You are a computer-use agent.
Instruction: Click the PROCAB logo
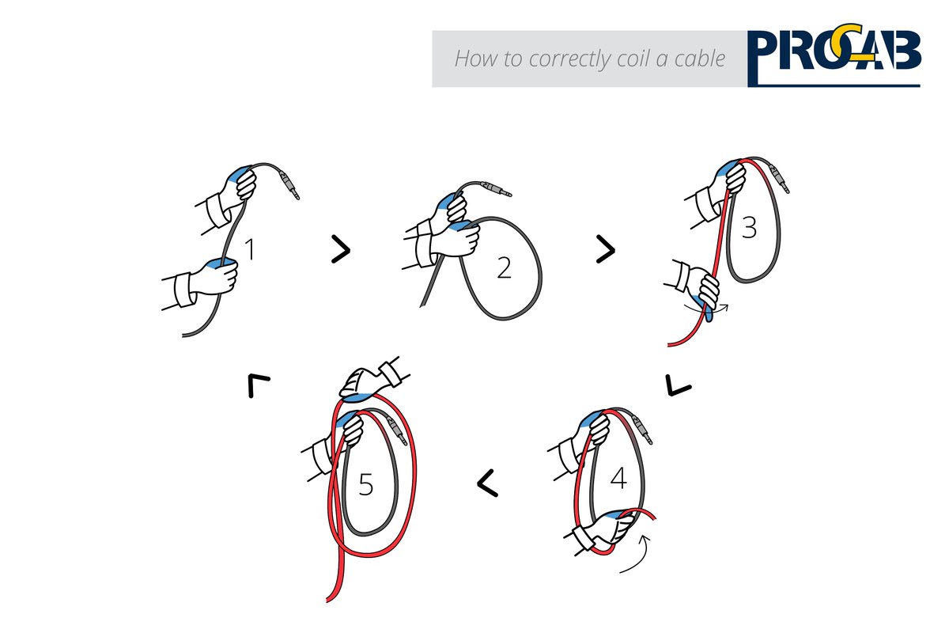(834, 57)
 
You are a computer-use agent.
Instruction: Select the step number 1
(250, 250)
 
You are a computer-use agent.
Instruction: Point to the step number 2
(504, 269)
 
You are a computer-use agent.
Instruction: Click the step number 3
(748, 229)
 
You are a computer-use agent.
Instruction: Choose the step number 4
(618, 478)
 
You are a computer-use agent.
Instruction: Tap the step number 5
(365, 484)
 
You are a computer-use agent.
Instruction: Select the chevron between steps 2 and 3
(605, 250)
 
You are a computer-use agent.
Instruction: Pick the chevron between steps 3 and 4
(679, 385)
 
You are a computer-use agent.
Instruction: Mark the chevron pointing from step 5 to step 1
(258, 385)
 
